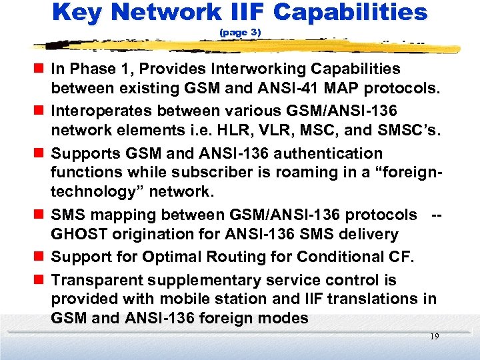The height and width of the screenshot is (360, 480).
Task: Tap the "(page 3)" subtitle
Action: (x=240, y=32)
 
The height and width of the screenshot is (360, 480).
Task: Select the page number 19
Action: (x=434, y=337)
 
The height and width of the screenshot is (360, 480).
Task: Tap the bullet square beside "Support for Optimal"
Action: (x=41, y=257)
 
